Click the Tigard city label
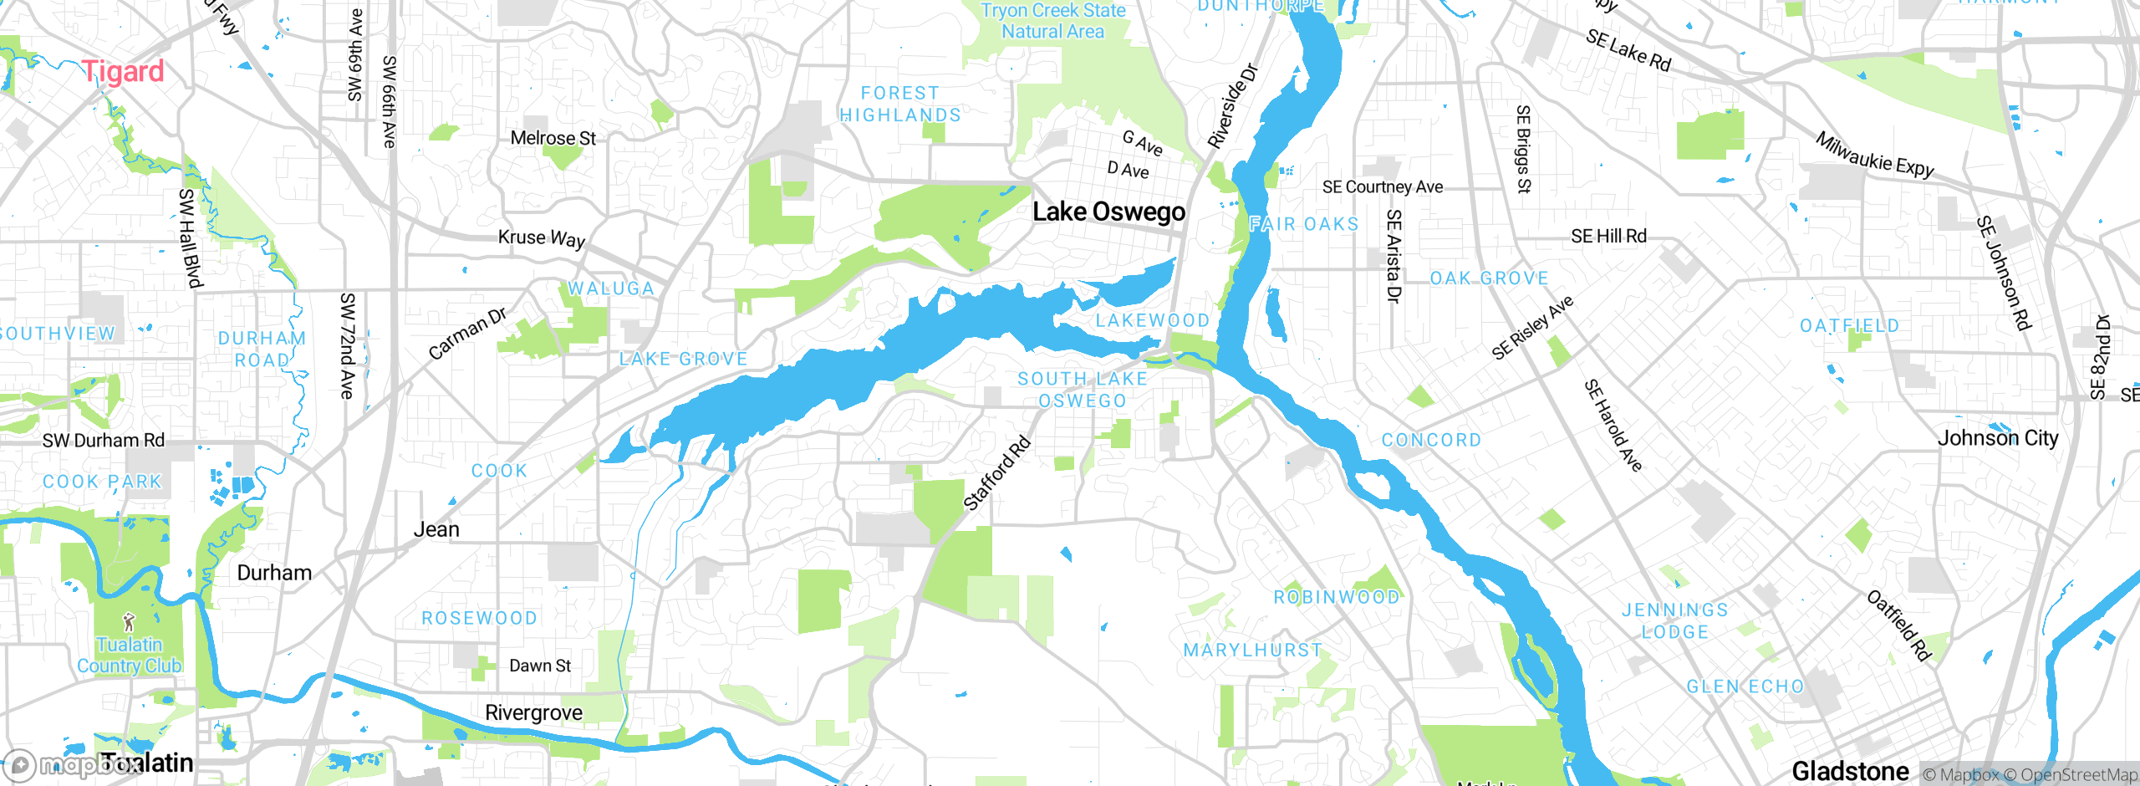pyautogui.click(x=123, y=72)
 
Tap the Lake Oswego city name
pyautogui.click(x=1108, y=212)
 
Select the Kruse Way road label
pyautogui.click(x=541, y=238)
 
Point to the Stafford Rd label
pyautogui.click(x=997, y=473)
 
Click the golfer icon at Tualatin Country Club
pyautogui.click(x=129, y=622)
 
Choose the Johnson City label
pyautogui.click(x=1998, y=438)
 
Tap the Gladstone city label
pyautogui.click(x=1850, y=771)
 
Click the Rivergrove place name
pyautogui.click(x=533, y=713)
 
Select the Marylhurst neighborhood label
pyautogui.click(x=1252, y=651)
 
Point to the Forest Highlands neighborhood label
pyautogui.click(x=900, y=105)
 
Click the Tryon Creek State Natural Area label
pyautogui.click(x=1053, y=22)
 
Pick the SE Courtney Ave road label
pyautogui.click(x=1382, y=187)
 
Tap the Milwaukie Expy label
pyautogui.click(x=1875, y=156)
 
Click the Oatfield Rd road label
pyautogui.click(x=1899, y=625)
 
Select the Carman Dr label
pyautogui.click(x=467, y=334)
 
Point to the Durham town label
pyautogui.click(x=274, y=574)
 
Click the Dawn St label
pyautogui.click(x=540, y=666)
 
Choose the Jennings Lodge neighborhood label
pyautogui.click(x=1674, y=621)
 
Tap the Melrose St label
pyautogui.click(x=553, y=139)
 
